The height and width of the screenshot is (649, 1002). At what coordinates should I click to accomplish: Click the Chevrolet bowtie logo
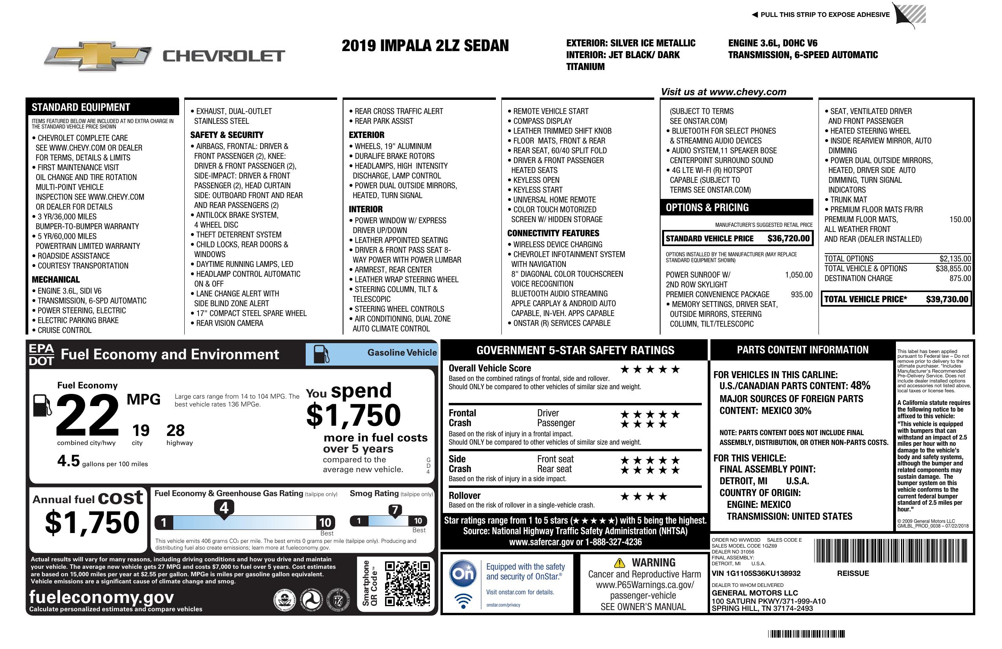98,55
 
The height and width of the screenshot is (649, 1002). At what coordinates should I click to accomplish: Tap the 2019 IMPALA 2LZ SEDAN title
425,46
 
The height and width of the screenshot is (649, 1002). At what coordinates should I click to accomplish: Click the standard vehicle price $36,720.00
788,238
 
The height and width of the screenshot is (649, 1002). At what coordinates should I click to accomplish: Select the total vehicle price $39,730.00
947,299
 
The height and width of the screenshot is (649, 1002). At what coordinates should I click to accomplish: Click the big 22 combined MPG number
88,415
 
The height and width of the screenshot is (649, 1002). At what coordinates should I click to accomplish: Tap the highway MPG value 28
175,430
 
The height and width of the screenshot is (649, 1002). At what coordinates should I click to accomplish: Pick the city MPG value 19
141,430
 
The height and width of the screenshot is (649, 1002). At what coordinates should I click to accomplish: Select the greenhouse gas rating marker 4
224,508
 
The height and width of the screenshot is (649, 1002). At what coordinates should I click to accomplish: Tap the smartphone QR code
407,583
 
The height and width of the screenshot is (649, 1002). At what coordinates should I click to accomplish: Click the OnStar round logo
463,574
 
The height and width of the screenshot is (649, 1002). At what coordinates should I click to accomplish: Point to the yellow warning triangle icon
619,563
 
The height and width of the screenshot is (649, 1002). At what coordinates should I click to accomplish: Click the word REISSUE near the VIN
853,573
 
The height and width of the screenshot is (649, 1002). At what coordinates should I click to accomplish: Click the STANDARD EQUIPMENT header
81,107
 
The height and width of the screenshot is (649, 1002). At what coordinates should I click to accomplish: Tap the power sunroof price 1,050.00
798,275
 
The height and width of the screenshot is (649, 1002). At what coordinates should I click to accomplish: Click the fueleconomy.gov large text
101,597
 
